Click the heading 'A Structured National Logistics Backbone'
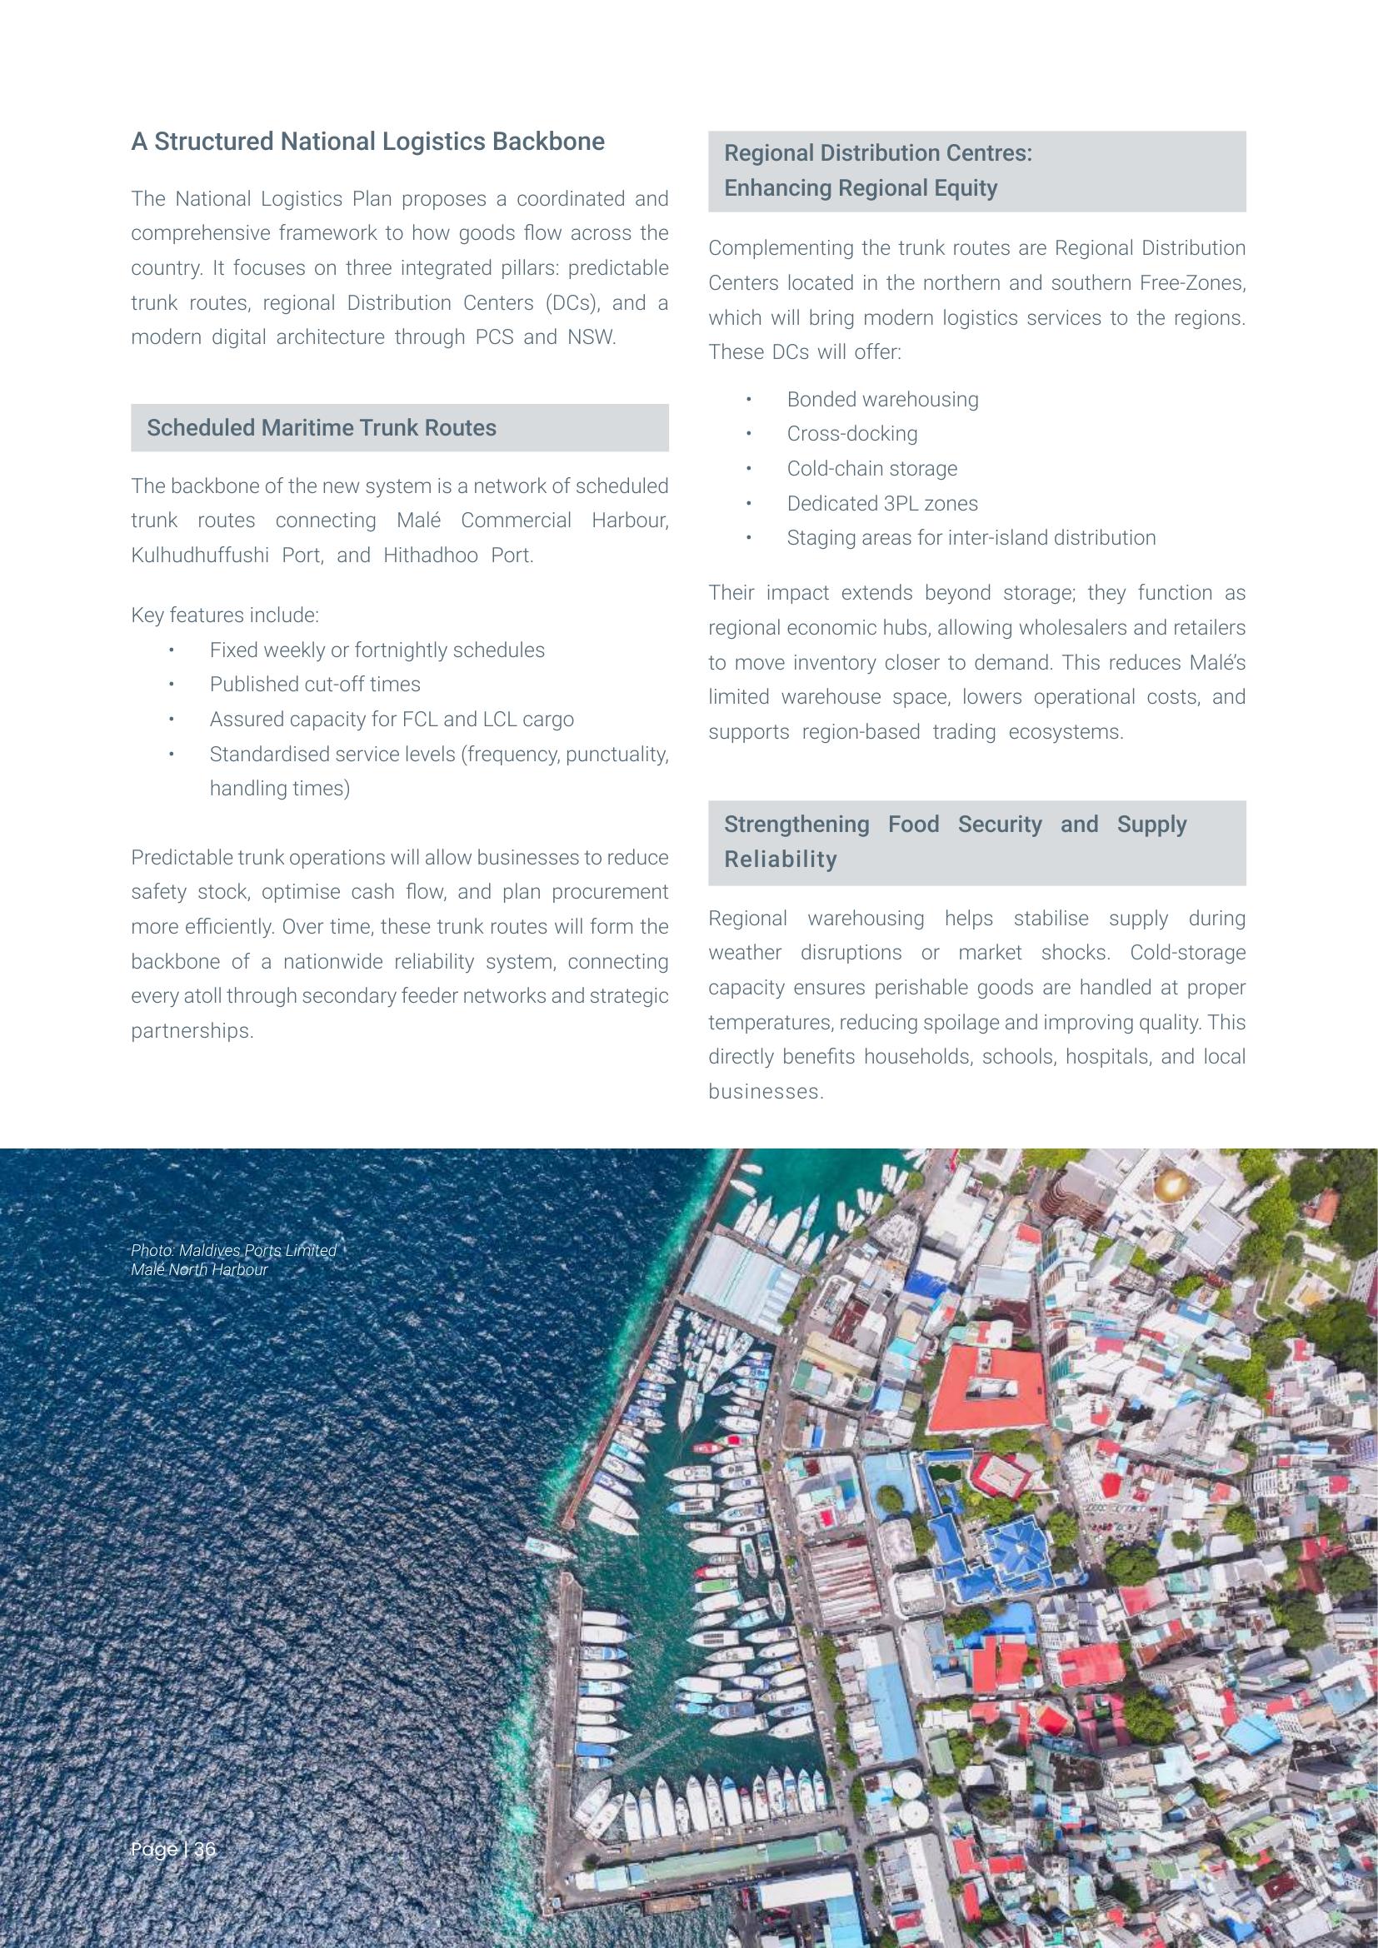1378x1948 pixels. coord(367,142)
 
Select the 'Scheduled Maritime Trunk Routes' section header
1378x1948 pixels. coord(322,427)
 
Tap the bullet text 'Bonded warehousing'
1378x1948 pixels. coord(882,400)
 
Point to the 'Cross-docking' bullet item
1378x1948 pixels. coord(852,434)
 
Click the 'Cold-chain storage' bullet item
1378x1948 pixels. coord(871,468)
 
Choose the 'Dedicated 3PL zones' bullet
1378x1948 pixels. coord(881,503)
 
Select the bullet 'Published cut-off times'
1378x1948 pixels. coord(315,684)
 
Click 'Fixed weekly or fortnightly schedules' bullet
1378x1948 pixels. coord(377,650)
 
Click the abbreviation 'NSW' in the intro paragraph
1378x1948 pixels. coord(590,336)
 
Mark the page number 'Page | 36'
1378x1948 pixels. coord(173,1849)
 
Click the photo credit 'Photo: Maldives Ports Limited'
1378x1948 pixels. coord(233,1251)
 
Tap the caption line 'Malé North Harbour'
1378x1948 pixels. coord(199,1270)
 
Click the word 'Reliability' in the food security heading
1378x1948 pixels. coord(780,859)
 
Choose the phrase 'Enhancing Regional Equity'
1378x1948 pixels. coord(860,187)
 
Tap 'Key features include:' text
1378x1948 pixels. coord(225,615)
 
